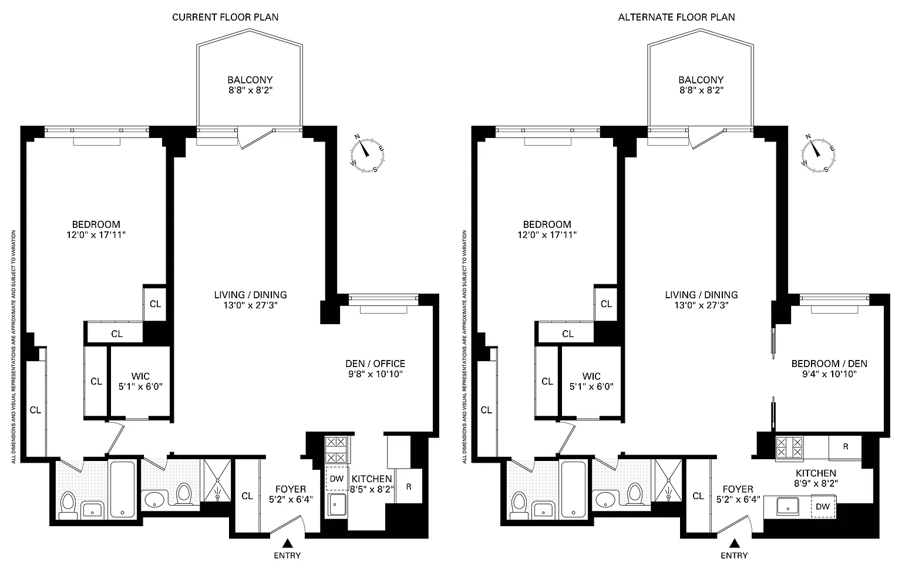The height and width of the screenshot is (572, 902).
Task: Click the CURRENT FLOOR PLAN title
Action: click(225, 17)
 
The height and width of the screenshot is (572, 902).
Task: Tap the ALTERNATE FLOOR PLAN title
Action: click(676, 17)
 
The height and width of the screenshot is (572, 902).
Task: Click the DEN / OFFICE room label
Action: click(375, 364)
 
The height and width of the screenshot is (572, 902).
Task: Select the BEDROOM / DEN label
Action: click(830, 364)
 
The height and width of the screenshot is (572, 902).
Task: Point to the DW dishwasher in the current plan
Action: click(337, 479)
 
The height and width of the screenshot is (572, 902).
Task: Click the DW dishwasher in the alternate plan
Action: click(823, 506)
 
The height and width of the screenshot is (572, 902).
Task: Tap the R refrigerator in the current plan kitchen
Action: click(409, 487)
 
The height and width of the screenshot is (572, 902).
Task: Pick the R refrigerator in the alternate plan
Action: click(845, 447)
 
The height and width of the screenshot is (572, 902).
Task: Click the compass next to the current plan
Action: click(367, 154)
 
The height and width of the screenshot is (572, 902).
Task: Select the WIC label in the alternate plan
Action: click(591, 376)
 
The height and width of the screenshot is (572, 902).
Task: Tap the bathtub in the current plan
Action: click(122, 489)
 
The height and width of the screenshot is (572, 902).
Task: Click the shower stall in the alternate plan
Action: click(668, 480)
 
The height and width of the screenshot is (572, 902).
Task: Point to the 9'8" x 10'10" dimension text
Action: click(375, 374)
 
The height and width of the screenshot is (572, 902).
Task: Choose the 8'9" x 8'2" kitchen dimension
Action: click(816, 483)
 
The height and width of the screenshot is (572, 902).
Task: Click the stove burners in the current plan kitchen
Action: click(336, 449)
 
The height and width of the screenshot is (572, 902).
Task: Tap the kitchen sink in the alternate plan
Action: click(788, 506)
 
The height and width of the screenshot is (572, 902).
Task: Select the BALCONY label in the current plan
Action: click(250, 80)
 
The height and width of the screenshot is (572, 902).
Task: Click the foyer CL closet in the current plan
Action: click(247, 496)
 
